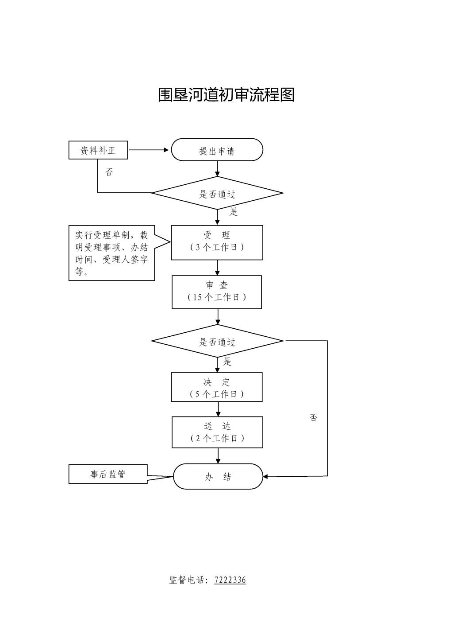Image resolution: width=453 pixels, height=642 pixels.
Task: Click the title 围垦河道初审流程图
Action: click(x=226, y=94)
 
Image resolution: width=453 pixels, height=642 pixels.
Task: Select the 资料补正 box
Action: click(x=98, y=150)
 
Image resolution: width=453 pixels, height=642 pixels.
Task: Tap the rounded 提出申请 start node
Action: click(x=217, y=150)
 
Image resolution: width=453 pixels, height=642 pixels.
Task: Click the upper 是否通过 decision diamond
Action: click(x=217, y=193)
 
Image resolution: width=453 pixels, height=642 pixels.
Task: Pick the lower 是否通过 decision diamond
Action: click(x=217, y=341)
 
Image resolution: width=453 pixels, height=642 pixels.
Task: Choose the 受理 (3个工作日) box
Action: click(x=217, y=242)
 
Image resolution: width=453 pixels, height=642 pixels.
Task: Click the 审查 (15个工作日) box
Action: click(x=217, y=292)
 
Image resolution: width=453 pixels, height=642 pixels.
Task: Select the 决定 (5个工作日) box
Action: click(x=217, y=387)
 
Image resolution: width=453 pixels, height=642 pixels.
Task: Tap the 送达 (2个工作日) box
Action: click(x=217, y=432)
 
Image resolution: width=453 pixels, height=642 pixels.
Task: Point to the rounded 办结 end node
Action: click(x=218, y=476)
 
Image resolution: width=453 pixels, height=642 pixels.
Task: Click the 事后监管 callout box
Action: click(x=108, y=474)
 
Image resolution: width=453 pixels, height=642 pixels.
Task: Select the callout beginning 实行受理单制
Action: click(x=111, y=253)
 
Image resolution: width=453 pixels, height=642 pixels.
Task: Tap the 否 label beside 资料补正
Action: click(x=109, y=172)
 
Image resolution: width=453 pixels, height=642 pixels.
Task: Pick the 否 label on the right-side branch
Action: click(x=314, y=417)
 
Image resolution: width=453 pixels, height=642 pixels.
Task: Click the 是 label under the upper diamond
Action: click(x=234, y=212)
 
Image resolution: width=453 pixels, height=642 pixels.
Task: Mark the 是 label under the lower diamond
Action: click(x=227, y=362)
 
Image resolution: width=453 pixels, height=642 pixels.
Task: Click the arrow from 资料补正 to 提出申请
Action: click(x=149, y=150)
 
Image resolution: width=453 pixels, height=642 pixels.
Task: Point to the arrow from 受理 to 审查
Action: click(x=217, y=268)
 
